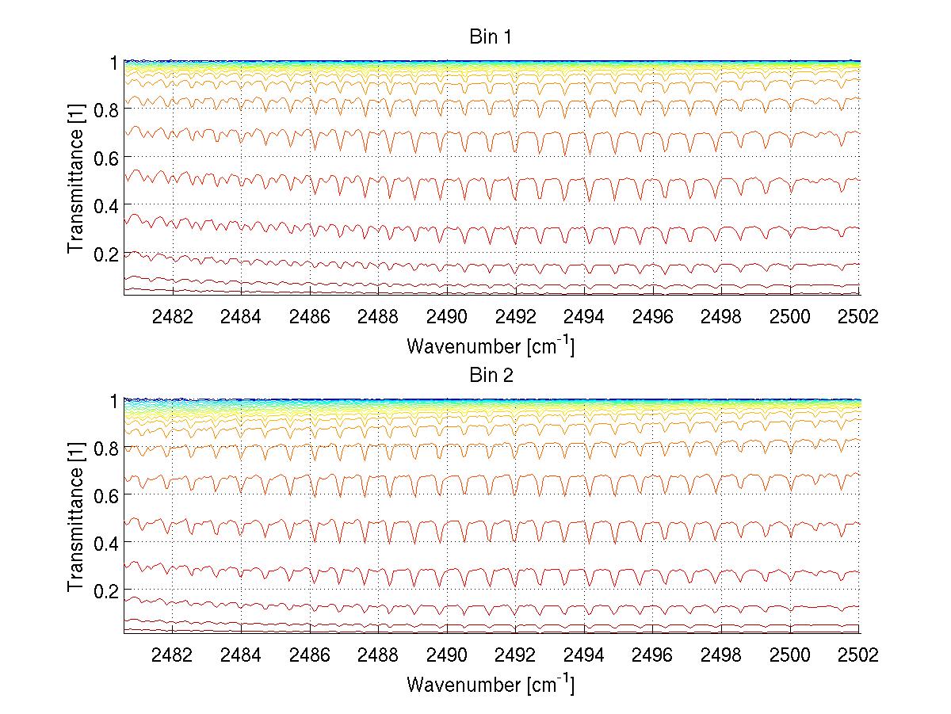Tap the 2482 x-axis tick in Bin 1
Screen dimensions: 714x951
point(172,317)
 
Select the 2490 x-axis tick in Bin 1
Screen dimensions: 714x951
point(447,317)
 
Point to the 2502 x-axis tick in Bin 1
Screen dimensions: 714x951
point(859,317)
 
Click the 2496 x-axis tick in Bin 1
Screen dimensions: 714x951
point(653,317)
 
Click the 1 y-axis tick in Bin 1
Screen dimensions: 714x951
point(114,62)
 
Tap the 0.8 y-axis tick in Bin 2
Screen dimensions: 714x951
point(106,449)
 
